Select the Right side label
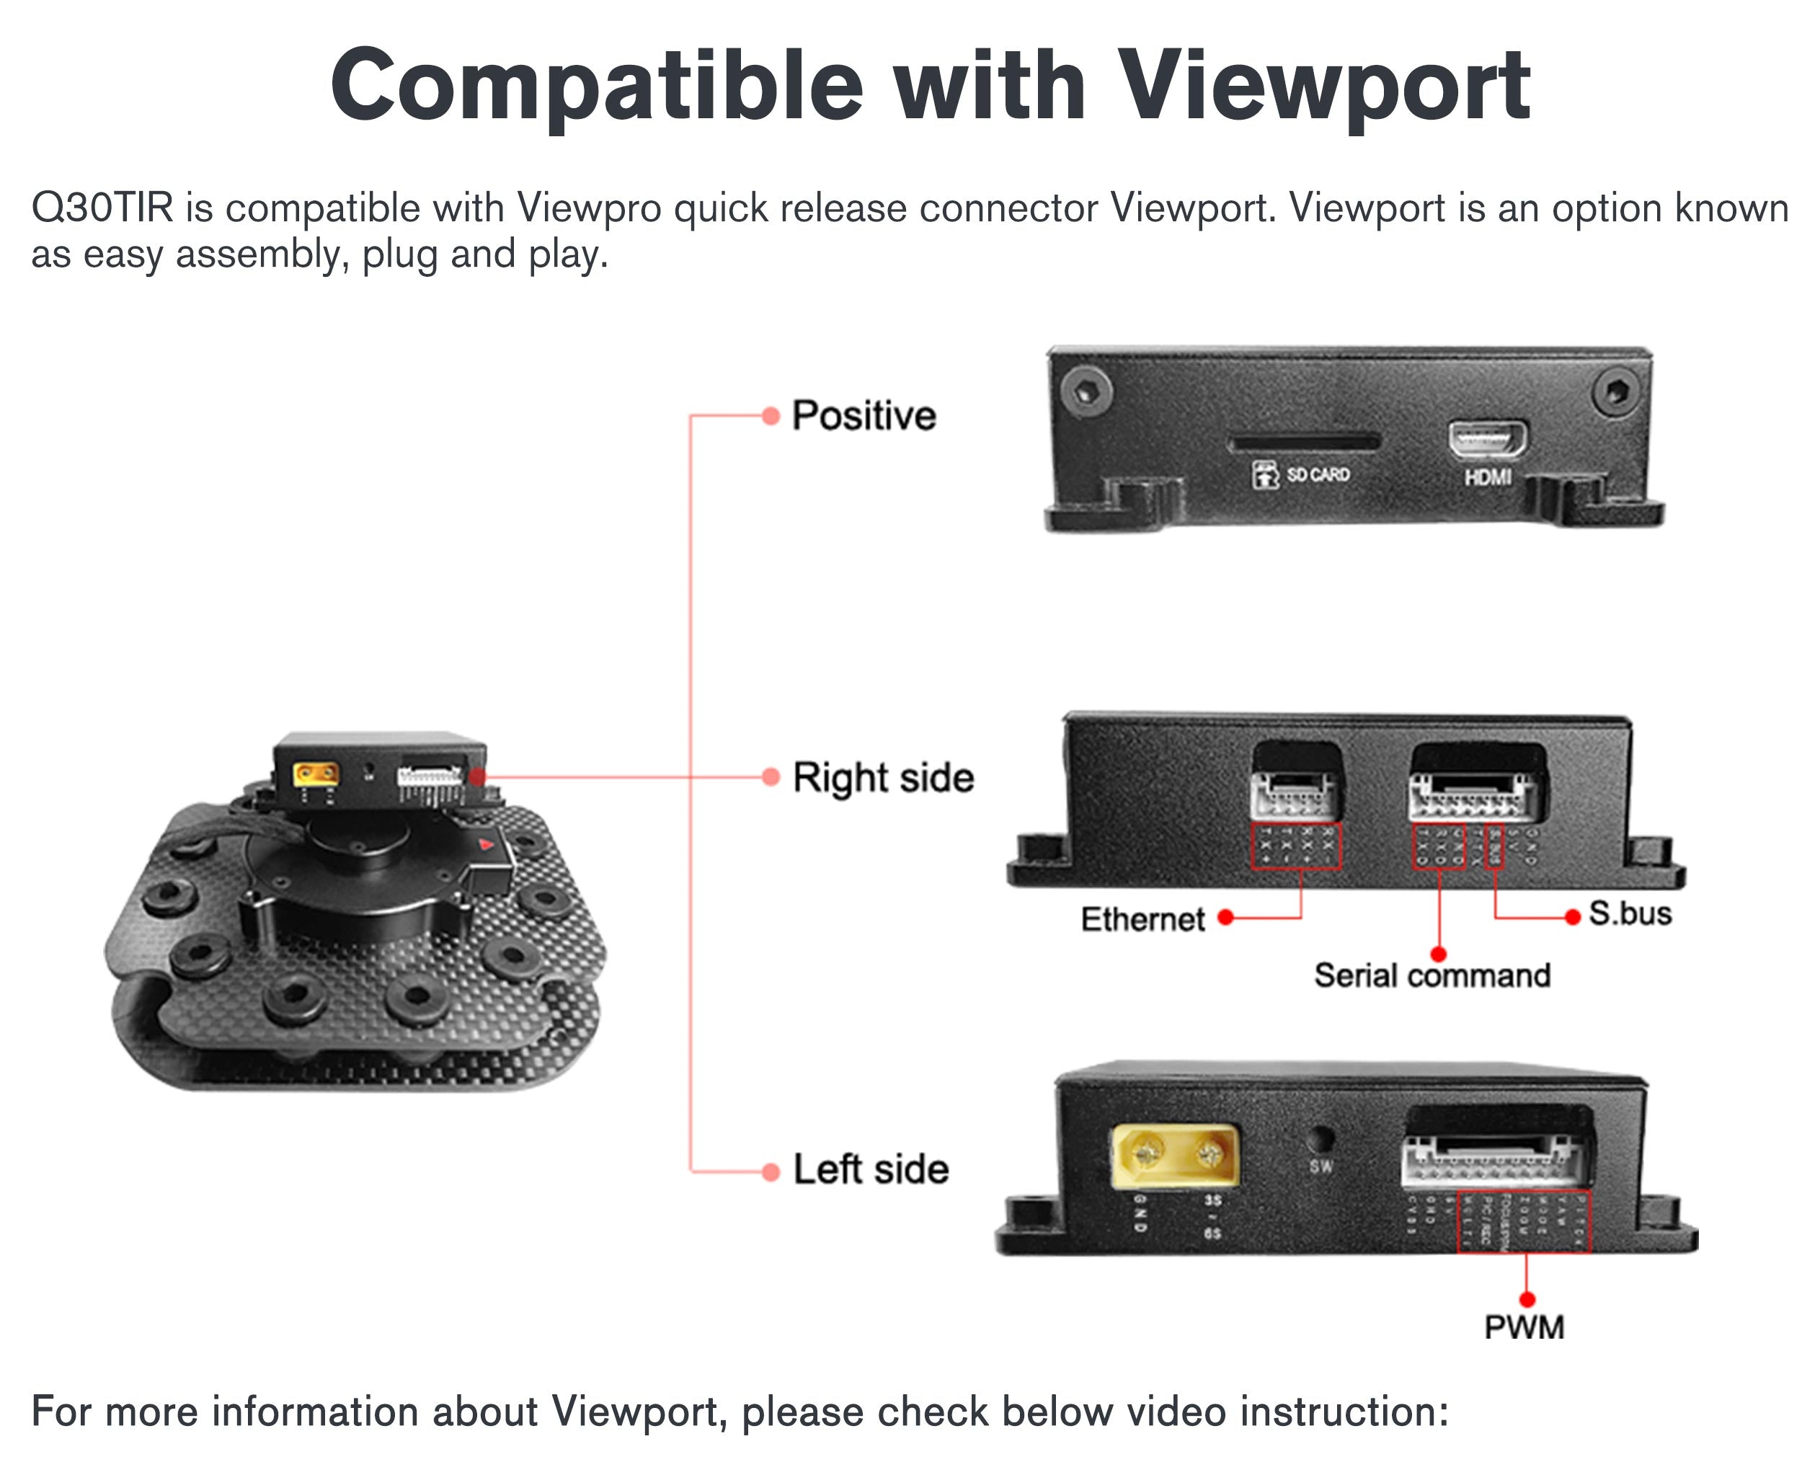pos(883,777)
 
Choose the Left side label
pos(871,1169)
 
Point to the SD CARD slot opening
pos(1303,443)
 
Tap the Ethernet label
pos(1142,918)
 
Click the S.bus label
pos(1630,913)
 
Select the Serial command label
pos(1432,975)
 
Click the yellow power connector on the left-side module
pos(1175,1156)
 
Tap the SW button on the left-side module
pos(1320,1138)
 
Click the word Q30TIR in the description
pos(102,208)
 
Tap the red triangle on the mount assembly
pos(487,843)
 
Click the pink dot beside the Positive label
pos(771,415)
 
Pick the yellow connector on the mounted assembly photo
pos(315,774)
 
